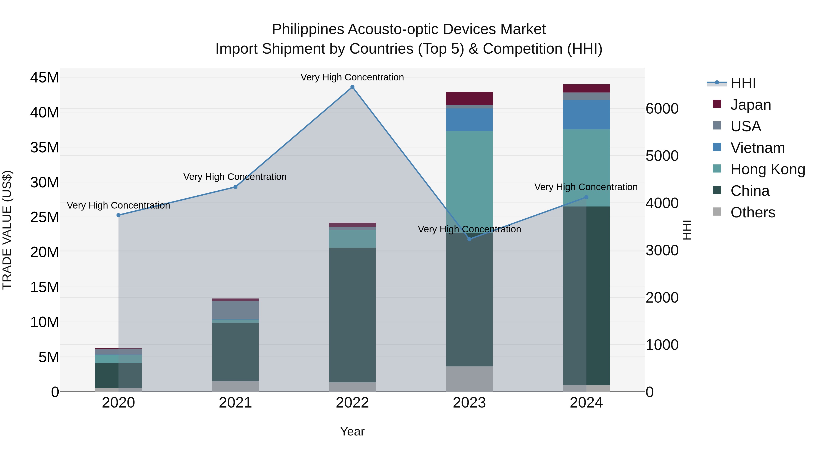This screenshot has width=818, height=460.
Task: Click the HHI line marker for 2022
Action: [352, 87]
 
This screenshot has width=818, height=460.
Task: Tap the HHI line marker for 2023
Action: [469, 239]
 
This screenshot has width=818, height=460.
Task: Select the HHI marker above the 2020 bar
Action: [118, 215]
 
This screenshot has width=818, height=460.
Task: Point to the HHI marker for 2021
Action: [235, 187]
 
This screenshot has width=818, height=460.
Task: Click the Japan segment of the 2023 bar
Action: [469, 98]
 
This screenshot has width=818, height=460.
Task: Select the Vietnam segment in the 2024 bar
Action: [586, 115]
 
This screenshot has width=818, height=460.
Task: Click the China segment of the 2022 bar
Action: [352, 314]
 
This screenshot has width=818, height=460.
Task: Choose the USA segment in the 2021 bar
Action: [235, 310]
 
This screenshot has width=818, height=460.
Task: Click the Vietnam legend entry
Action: [757, 148]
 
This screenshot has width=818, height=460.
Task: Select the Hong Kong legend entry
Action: [768, 169]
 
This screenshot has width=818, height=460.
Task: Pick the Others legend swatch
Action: [717, 212]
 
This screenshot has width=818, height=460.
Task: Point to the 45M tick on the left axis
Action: [45, 78]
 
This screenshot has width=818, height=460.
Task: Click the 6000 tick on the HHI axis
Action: [662, 109]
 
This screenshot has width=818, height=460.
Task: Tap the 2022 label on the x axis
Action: [352, 403]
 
